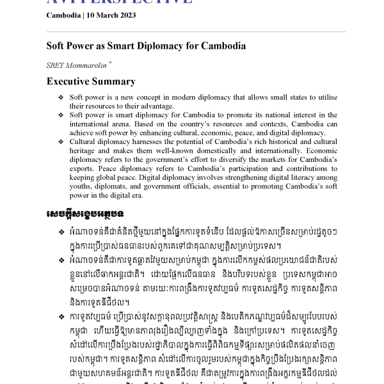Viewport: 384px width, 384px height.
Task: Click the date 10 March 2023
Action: (111, 16)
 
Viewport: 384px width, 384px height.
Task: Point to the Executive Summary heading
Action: (91, 82)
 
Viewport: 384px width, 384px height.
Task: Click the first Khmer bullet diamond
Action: (61, 231)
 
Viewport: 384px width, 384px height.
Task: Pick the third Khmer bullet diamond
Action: (61, 316)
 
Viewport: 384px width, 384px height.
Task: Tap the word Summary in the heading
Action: (115, 82)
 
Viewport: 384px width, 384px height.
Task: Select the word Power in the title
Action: (80, 46)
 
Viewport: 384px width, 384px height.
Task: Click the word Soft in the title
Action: (56, 46)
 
